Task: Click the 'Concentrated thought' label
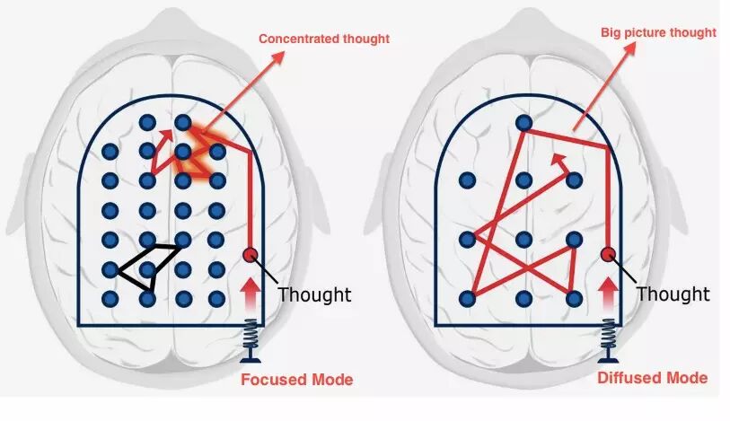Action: pos(324,39)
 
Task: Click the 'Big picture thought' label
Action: pos(659,32)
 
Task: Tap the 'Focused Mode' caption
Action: pos(297,380)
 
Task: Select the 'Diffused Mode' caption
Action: pos(652,378)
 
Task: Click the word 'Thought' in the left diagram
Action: pos(314,294)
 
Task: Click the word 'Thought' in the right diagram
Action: pos(673,294)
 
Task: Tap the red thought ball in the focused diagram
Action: pos(251,254)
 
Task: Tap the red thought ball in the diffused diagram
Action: pos(607,254)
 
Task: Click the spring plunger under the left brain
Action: pos(251,345)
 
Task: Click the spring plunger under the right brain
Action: pos(608,345)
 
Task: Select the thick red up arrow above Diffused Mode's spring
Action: pos(608,294)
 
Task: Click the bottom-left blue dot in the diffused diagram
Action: pos(466,297)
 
